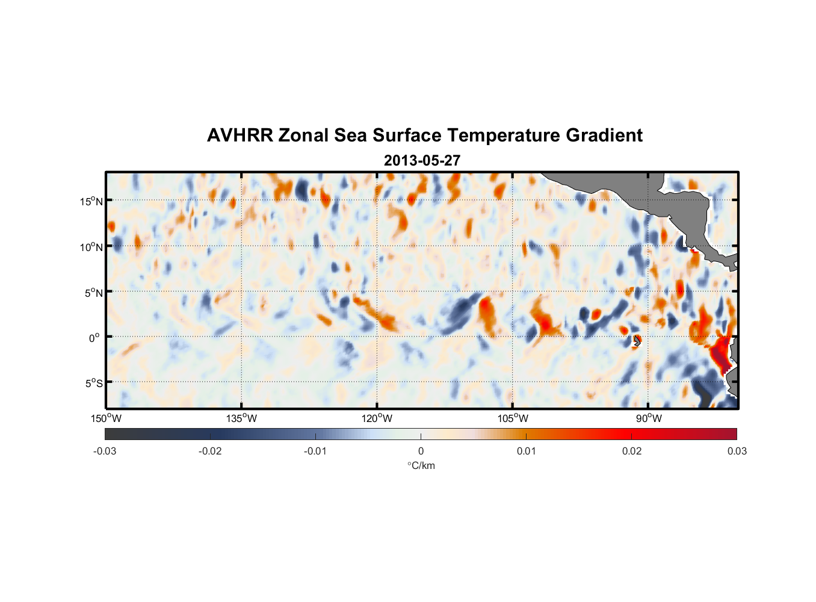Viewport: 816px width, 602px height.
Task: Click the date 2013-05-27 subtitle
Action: coord(422,161)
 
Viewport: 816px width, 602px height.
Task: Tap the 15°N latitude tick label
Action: coord(91,201)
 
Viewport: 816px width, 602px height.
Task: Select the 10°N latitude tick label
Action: coord(91,247)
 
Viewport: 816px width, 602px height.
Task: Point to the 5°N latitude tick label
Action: coord(93,293)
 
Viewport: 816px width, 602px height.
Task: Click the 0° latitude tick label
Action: coord(94,338)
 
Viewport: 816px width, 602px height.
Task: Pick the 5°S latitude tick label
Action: coord(93,383)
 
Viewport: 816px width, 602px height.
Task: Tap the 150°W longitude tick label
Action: coord(106,418)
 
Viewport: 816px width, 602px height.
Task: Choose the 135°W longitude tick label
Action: coord(241,418)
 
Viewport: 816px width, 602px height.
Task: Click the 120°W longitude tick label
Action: coord(377,418)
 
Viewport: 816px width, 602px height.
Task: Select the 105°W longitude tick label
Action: coord(513,418)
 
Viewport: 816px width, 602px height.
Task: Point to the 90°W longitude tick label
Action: coord(649,418)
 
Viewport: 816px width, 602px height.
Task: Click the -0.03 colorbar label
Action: coord(105,451)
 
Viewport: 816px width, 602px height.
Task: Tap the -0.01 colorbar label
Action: coord(315,451)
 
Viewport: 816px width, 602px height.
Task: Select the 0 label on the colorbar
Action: coord(421,451)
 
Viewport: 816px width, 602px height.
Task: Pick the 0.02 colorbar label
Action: coord(632,451)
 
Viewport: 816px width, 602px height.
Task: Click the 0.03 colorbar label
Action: coord(737,451)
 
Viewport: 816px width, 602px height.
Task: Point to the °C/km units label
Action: coord(421,465)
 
